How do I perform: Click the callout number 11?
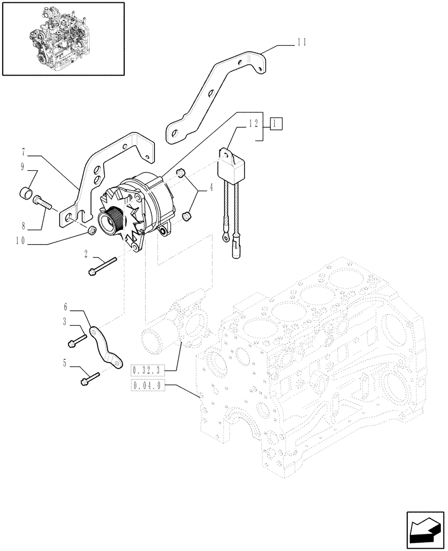(301, 41)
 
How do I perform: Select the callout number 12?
(253, 125)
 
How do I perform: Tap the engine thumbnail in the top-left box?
(62, 38)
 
